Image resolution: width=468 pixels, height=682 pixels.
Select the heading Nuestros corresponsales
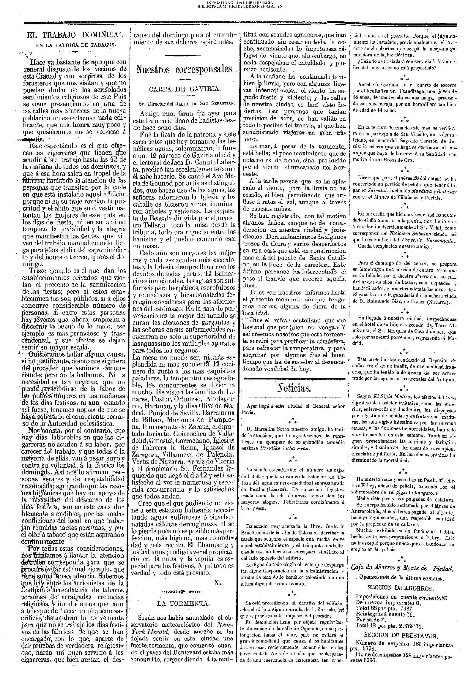pos(185,69)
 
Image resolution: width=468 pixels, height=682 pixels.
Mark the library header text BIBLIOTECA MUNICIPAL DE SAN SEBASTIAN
pos(234,6)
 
